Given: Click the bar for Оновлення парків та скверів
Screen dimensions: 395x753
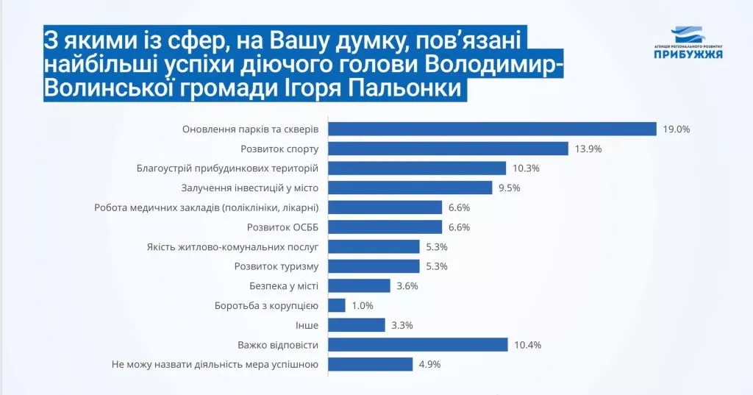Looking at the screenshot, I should (491, 129).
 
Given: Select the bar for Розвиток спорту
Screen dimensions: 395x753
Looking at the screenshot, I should (448, 149).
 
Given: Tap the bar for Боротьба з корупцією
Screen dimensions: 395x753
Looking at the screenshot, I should (337, 305).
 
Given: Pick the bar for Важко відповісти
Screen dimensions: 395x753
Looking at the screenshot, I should (418, 344).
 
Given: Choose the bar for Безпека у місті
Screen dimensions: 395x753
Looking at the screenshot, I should (359, 285).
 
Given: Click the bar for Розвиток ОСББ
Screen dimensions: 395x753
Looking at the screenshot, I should (385, 227).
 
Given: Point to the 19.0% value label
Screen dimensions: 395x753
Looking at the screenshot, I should (676, 129).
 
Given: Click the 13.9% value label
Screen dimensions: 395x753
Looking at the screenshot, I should (588, 149).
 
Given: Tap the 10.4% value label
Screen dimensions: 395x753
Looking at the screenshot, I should (528, 344).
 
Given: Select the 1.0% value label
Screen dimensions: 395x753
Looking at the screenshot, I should (363, 305).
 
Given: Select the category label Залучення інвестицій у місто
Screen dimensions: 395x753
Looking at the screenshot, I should (249, 188).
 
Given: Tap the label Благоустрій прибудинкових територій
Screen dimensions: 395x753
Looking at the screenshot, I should (227, 168).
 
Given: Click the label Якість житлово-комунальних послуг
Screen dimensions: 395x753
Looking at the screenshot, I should (232, 246).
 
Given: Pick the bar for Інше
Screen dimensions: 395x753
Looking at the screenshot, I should (357, 325).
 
